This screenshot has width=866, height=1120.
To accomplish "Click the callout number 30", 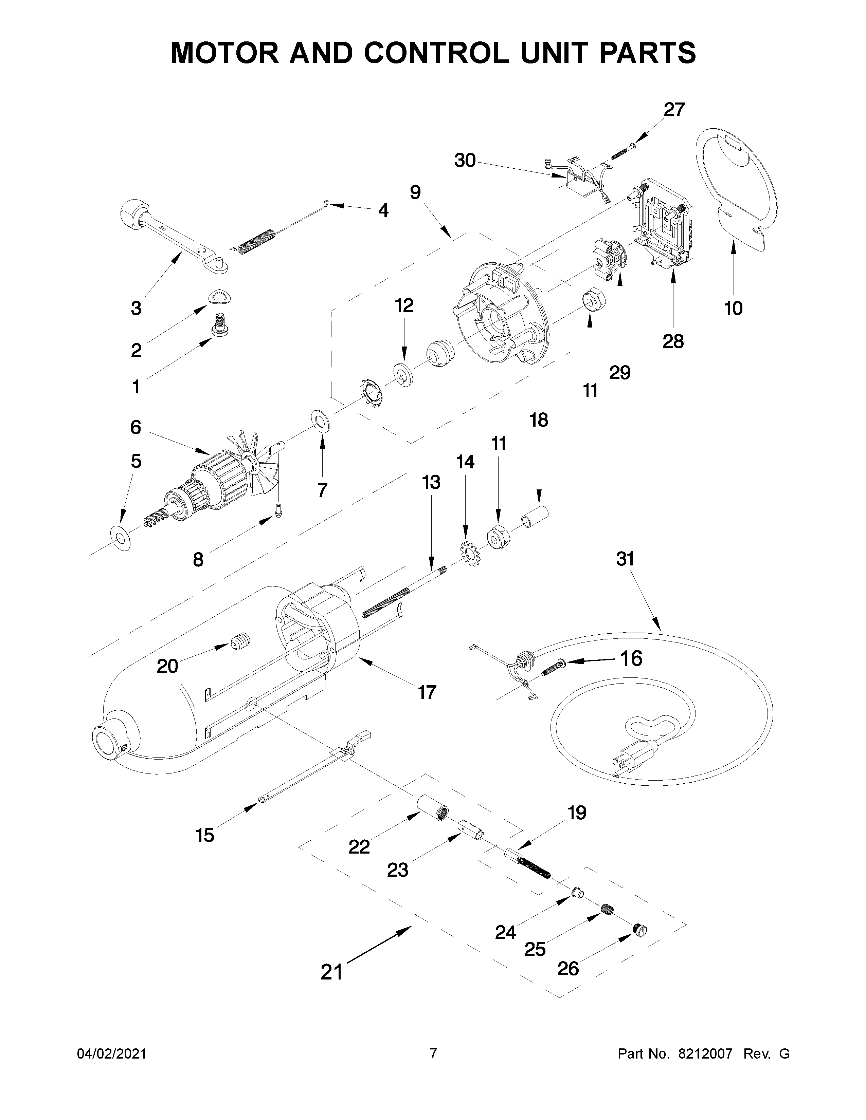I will (465, 161).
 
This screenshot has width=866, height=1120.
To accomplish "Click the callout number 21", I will (331, 971).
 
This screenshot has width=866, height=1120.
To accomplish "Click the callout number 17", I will (427, 692).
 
